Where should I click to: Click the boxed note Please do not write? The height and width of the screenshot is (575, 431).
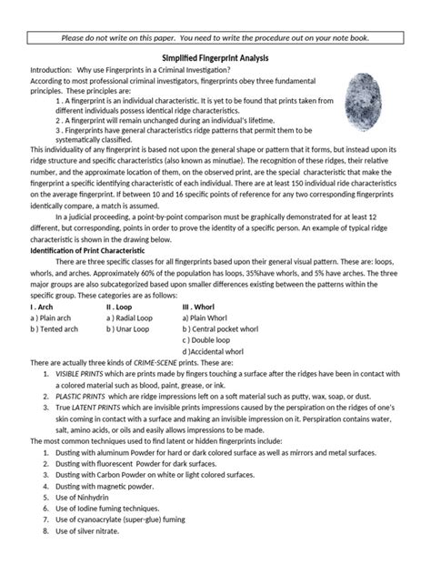click(x=215, y=37)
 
